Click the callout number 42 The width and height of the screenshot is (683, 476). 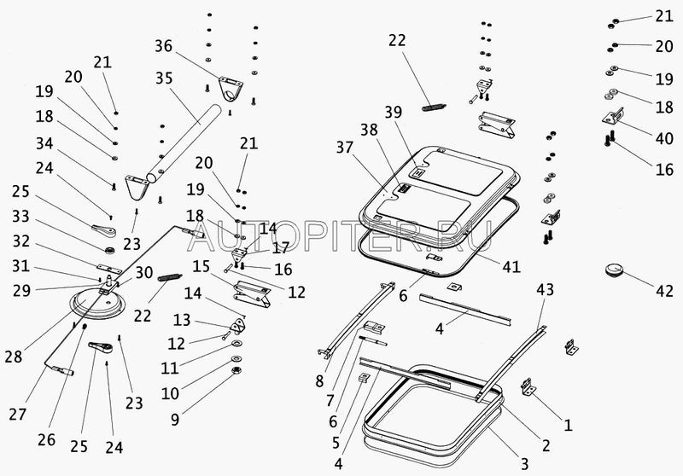664,291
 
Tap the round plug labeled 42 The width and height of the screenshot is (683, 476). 614,270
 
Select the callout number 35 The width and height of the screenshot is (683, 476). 164,78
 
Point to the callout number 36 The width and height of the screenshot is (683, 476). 164,46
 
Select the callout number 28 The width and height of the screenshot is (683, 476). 14,357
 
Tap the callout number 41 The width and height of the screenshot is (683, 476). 511,266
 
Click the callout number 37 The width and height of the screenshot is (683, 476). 344,147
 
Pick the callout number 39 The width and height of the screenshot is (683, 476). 393,113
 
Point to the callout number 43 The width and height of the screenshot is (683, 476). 545,289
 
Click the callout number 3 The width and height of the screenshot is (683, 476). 524,464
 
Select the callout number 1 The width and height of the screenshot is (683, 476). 568,425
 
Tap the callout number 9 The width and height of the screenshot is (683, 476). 175,420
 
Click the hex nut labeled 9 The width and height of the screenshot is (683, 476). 236,371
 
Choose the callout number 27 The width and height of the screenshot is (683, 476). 17,415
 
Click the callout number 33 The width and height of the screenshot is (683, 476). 20,216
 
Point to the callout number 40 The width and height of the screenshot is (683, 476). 664,138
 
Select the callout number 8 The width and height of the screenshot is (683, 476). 319,381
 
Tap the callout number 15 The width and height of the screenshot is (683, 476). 201,266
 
